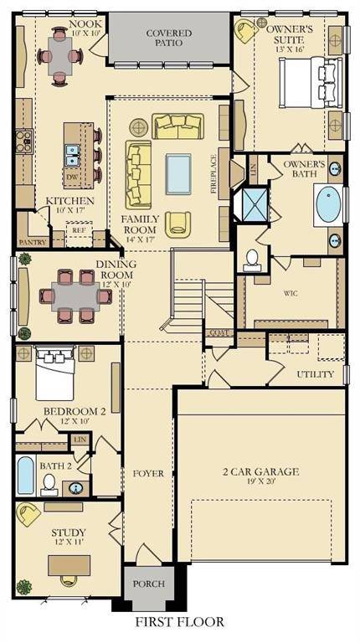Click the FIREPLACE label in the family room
click(213, 174)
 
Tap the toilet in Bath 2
click(50, 485)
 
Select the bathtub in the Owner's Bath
click(329, 205)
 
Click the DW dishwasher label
click(70, 177)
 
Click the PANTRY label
click(33, 242)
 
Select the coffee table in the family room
click(178, 174)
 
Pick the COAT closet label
click(219, 332)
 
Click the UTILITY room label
click(316, 374)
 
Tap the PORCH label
click(149, 584)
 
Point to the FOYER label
click(148, 474)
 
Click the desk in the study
click(69, 565)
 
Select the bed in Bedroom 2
click(55, 373)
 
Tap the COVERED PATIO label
click(169, 38)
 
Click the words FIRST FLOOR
click(180, 622)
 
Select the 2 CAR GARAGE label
click(260, 471)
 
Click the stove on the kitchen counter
click(23, 141)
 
